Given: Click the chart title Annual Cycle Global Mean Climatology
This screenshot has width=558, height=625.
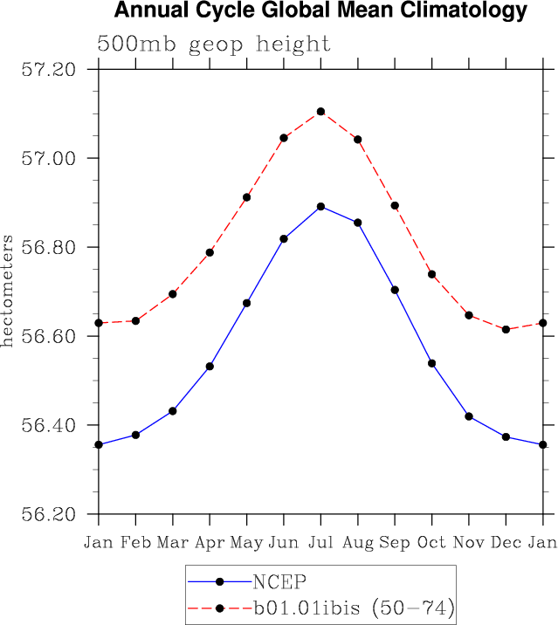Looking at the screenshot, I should [x=320, y=11].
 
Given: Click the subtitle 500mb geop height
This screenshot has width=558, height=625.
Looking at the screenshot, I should [x=214, y=44].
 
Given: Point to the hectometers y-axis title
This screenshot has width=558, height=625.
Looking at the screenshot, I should [x=8, y=291].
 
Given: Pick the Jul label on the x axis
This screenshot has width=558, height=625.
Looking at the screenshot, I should [x=320, y=542].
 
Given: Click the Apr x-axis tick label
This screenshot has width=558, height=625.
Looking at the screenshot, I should [x=210, y=542].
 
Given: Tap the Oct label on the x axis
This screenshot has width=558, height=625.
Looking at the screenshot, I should [x=431, y=542].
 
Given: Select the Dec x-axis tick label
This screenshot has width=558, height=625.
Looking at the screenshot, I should [x=506, y=542].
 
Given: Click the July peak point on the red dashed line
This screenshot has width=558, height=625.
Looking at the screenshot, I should [x=320, y=112].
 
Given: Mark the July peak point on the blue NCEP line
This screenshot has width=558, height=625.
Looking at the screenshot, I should [x=320, y=207].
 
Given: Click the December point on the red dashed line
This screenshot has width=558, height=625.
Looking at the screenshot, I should [x=506, y=329].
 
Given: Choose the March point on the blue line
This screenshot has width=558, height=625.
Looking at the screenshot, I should [x=173, y=411].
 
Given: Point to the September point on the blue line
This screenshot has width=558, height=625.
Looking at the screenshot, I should [x=395, y=290].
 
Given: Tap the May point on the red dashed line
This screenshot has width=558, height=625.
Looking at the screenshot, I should [x=247, y=197].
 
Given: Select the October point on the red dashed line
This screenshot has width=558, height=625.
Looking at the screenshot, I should [x=431, y=274].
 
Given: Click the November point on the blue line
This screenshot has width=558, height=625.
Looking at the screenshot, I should [x=469, y=416].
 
